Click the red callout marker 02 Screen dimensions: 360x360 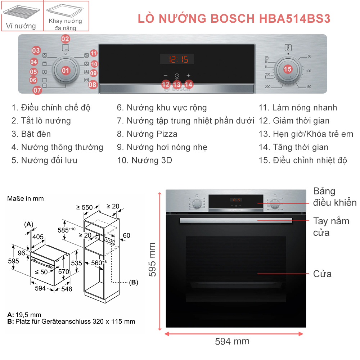(65, 39)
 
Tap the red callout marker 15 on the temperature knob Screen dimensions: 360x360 (288, 69)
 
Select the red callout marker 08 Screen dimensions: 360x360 (92, 85)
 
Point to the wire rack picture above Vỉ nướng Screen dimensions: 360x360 (21, 12)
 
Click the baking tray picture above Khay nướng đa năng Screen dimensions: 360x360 (65, 10)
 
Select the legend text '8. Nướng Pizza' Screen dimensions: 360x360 (147, 134)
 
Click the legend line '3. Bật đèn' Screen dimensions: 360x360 (31, 134)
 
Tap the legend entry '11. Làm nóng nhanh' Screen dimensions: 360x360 (298, 107)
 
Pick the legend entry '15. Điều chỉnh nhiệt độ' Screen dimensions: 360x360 (303, 160)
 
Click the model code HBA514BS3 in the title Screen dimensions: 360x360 (295, 19)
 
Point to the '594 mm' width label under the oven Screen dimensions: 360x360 (232, 341)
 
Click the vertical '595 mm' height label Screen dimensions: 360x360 (152, 260)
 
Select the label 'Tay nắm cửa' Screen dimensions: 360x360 (331, 227)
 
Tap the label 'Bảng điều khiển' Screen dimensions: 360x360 (335, 197)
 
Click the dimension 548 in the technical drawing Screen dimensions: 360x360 (67, 289)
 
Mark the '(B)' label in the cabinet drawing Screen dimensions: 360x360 (134, 282)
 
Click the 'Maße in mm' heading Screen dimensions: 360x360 (26, 199)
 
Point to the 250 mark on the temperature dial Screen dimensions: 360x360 (268, 75)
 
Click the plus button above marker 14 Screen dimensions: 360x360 (189, 76)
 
